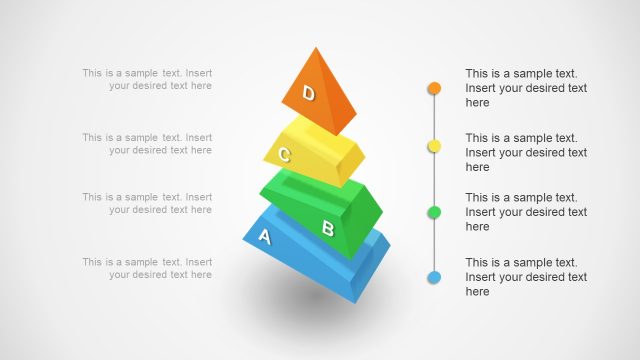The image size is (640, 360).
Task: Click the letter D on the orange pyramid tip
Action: (309, 94)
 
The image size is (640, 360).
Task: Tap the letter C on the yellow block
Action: (285, 155)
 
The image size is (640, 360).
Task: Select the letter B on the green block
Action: (327, 228)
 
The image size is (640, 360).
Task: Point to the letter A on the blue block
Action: (265, 237)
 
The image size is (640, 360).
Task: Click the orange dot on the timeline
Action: (434, 88)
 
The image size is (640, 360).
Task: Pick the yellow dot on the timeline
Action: (434, 147)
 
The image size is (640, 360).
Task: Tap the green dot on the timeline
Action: (434, 212)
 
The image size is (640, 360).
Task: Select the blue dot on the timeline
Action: (434, 277)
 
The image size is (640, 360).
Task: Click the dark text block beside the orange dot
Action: (526, 88)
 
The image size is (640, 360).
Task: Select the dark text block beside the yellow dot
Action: (526, 152)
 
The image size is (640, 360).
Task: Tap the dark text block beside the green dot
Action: (526, 212)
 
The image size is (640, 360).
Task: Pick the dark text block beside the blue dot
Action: (526, 277)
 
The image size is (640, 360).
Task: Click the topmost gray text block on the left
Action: (147, 79)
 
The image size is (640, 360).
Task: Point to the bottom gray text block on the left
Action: (147, 268)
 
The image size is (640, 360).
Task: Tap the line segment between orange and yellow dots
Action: (434, 118)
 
